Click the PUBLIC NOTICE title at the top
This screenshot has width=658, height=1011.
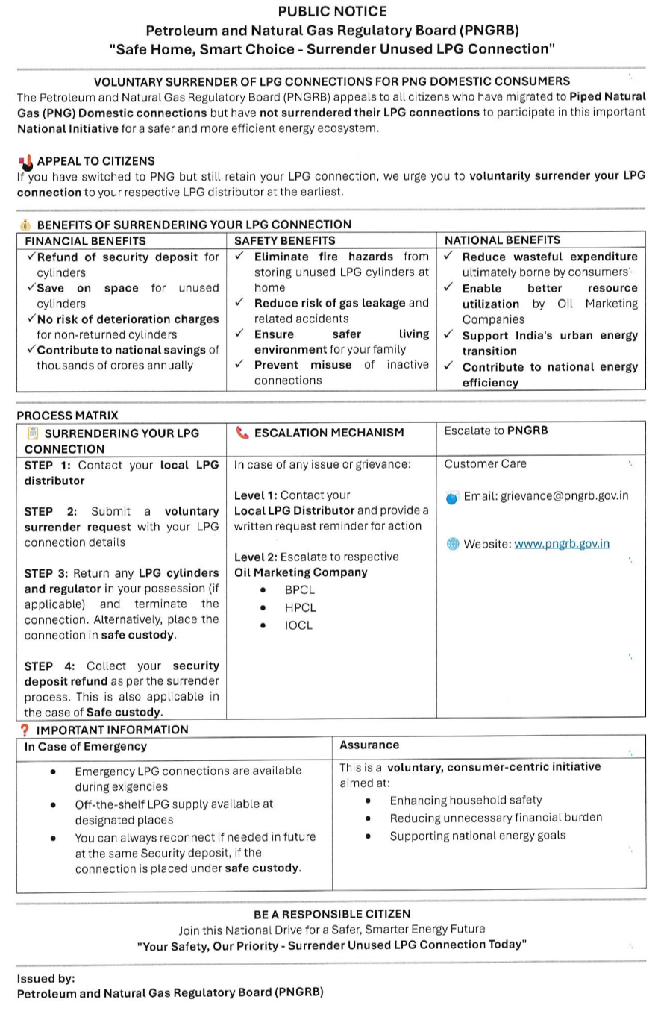pos(332,12)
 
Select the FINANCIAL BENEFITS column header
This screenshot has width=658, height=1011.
pos(86,241)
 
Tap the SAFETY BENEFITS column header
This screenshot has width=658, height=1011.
pos(285,241)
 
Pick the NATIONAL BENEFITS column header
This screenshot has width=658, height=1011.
pos(502,240)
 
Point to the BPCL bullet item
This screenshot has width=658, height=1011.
pos(299,590)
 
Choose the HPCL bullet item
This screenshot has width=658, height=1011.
pos(300,608)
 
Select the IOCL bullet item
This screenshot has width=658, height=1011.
pos(298,626)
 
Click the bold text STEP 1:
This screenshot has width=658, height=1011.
pos(48,465)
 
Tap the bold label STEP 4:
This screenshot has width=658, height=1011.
pos(49,666)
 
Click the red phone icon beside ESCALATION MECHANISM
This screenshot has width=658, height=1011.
pos(242,433)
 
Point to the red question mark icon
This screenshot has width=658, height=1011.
pos(25,730)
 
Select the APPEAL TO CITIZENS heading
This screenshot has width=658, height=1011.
pos(95,161)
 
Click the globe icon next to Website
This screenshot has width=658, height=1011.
pos(452,544)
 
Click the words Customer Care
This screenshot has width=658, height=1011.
pos(485,464)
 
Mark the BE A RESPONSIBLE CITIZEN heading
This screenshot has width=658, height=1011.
pos(332,914)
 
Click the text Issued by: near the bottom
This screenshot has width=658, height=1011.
pos(46,978)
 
